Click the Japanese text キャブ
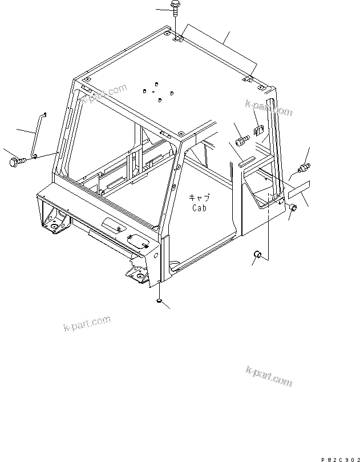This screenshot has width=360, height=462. click(x=200, y=198)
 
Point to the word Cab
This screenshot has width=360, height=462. click(x=199, y=208)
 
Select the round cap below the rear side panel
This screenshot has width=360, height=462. click(x=257, y=254)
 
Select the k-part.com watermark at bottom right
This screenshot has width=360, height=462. click(x=269, y=376)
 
